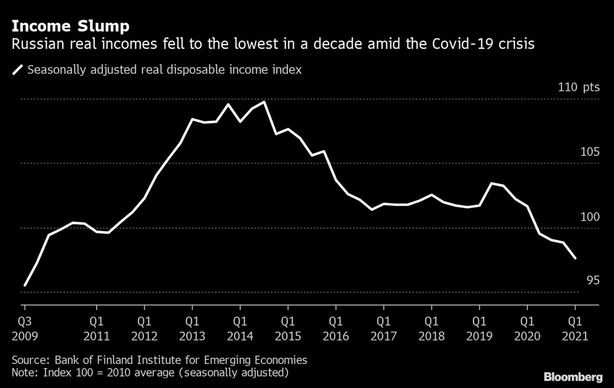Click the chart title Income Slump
(71, 26)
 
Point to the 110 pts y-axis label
(578, 87)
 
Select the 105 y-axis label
(588, 152)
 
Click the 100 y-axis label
(588, 217)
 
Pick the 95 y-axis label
(592, 281)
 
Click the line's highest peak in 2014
(264, 102)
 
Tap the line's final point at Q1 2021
(575, 258)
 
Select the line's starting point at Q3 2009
(25, 285)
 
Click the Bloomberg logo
(572, 377)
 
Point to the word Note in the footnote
(23, 372)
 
